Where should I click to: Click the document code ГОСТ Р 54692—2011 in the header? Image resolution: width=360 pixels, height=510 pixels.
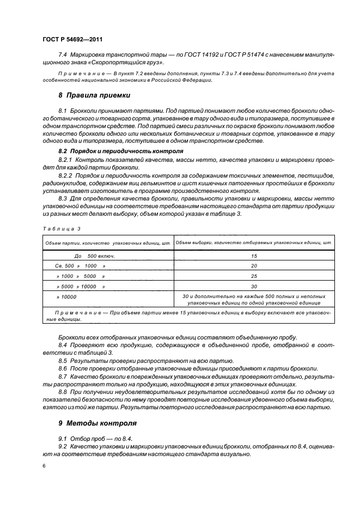tap(72, 39)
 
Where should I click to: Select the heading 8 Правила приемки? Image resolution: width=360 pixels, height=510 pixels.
tap(94, 95)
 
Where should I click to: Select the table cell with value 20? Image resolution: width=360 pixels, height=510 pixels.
tap(254, 265)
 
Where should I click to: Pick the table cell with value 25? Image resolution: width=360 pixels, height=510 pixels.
tap(254, 276)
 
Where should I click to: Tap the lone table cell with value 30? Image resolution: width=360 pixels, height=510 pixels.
tap(254, 286)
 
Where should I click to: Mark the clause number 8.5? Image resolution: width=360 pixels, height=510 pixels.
tap(63, 361)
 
